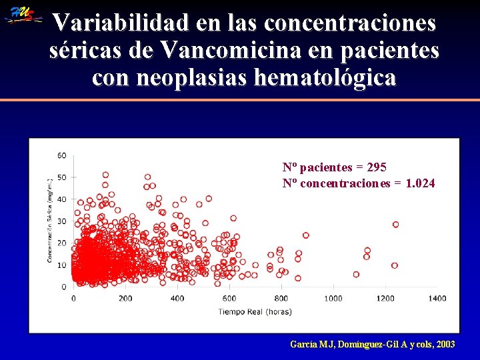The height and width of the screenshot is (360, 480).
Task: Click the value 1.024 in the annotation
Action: [x=420, y=183]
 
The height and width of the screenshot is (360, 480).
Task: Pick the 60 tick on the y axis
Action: [x=61, y=155]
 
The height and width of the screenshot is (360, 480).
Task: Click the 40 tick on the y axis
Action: [x=61, y=199]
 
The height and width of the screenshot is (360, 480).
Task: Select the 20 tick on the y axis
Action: [x=61, y=243]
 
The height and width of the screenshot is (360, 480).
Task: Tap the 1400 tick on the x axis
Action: [x=437, y=298]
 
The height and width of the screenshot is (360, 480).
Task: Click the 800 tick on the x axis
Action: [x=281, y=298]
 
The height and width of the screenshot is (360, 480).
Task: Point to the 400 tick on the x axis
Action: [x=177, y=298]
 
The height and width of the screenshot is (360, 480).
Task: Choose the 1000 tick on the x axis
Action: [x=333, y=298]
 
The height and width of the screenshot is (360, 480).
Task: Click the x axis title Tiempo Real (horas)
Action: [x=255, y=311]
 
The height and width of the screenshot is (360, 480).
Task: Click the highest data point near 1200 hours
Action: [x=395, y=225]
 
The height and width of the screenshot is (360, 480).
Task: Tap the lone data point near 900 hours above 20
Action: [x=305, y=235]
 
